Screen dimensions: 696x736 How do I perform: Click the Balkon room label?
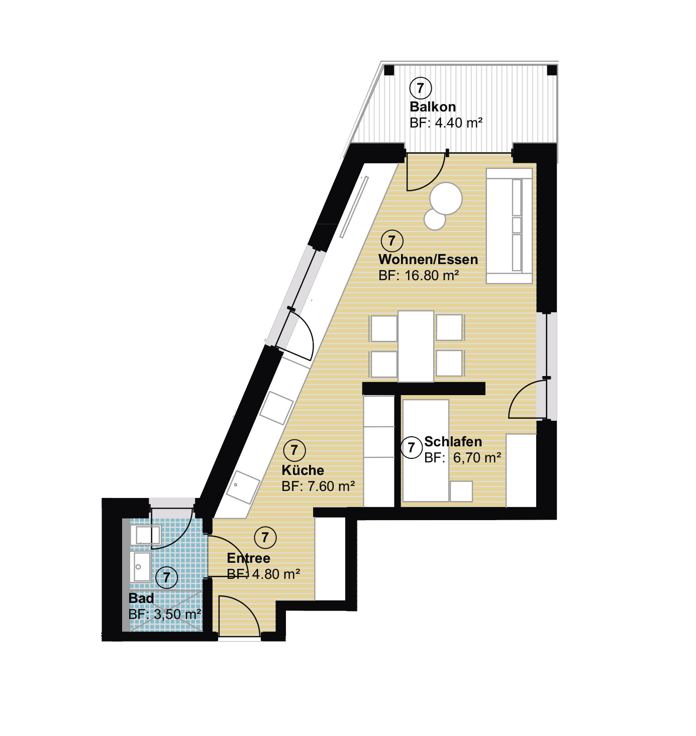pyautogui.click(x=433, y=107)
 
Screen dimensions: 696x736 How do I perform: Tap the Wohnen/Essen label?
pyautogui.click(x=428, y=260)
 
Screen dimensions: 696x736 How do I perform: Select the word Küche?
pyautogui.click(x=303, y=470)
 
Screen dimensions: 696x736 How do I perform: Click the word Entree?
pyautogui.click(x=249, y=558)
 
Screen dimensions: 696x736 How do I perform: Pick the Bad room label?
pyautogui.click(x=141, y=598)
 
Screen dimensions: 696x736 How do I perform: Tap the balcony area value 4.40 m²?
pyautogui.click(x=459, y=122)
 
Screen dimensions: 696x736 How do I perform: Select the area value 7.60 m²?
pyautogui.click(x=331, y=486)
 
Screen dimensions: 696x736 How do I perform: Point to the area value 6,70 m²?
pyautogui.click(x=477, y=458)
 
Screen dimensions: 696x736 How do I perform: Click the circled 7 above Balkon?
pyautogui.click(x=420, y=88)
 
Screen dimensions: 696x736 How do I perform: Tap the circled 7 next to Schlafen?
pyautogui.click(x=411, y=447)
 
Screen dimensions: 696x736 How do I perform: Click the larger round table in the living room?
pyautogui.click(x=446, y=199)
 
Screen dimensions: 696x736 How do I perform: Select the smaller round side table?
pyautogui.click(x=435, y=220)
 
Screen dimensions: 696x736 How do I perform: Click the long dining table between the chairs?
pyautogui.click(x=416, y=346)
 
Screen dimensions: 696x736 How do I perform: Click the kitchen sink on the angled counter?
pyautogui.click(x=243, y=487)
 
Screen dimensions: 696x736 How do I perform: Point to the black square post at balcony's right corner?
pyautogui.click(x=552, y=70)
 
